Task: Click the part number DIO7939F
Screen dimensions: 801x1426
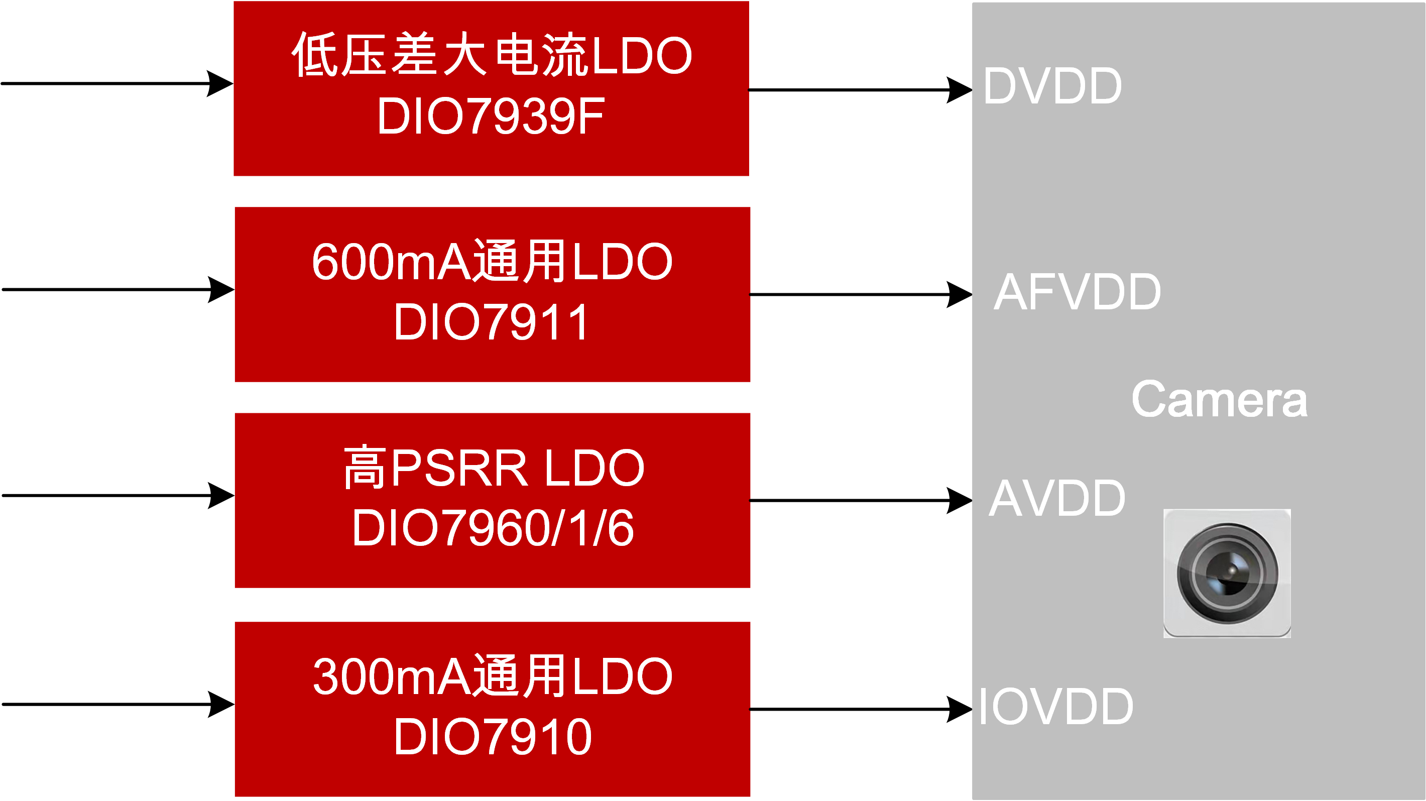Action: pyautogui.click(x=491, y=116)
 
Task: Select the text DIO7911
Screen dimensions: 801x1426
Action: pyautogui.click(x=491, y=323)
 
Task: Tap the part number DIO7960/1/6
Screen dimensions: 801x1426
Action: pyautogui.click(x=493, y=529)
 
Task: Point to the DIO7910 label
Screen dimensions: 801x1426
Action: pyautogui.click(x=493, y=737)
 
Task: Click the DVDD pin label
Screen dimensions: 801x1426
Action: pyautogui.click(x=1052, y=86)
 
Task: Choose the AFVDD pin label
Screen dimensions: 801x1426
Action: pyautogui.click(x=1077, y=292)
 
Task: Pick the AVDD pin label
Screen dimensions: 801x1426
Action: pyautogui.click(x=1057, y=499)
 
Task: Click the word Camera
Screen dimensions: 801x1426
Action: pyautogui.click(x=1219, y=400)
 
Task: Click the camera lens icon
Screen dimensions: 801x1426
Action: pyautogui.click(x=1227, y=573)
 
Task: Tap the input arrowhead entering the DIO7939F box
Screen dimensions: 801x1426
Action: pyautogui.click(x=220, y=83)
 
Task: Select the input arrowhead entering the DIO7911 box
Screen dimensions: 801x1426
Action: pyautogui.click(x=221, y=289)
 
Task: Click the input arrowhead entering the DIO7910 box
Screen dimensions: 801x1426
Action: pyautogui.click(x=221, y=704)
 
